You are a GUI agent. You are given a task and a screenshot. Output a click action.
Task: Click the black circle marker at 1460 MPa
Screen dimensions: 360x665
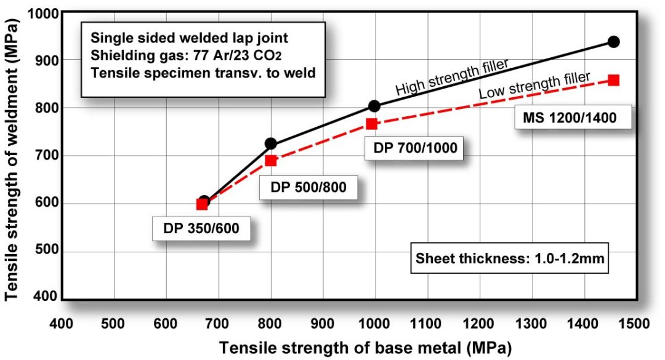(x=613, y=42)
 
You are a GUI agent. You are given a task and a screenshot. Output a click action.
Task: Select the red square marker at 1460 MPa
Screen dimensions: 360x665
(x=613, y=80)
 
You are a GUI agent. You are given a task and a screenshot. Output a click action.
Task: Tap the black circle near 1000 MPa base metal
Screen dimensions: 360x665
(x=374, y=106)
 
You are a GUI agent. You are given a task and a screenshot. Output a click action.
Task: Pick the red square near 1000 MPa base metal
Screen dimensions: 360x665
(x=371, y=124)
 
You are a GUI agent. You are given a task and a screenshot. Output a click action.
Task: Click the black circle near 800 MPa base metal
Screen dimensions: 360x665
(x=270, y=144)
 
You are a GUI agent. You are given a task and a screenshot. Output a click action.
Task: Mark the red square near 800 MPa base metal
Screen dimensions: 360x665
(x=270, y=161)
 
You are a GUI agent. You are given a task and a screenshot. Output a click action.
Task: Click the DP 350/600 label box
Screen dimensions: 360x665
(x=201, y=230)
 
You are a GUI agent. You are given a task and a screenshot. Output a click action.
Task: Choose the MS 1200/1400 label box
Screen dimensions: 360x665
(x=573, y=117)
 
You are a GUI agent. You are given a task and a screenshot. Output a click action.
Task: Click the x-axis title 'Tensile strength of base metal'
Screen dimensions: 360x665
(x=365, y=347)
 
